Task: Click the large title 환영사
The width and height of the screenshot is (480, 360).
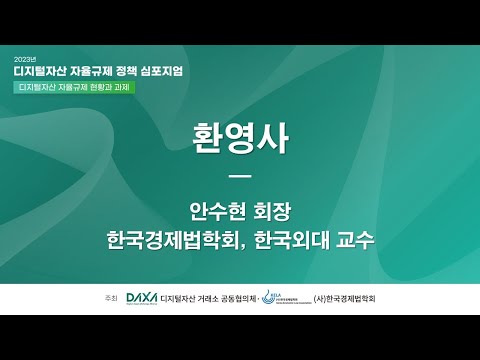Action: point(239,140)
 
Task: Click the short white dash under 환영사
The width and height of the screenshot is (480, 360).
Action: point(239,178)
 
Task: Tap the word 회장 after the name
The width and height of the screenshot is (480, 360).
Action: point(272,212)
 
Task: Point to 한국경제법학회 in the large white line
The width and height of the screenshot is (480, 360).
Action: point(172,241)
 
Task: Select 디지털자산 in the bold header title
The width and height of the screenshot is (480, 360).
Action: point(46,72)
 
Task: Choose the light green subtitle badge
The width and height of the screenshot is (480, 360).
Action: point(75,88)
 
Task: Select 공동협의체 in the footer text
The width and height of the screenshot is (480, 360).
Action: point(235,299)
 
